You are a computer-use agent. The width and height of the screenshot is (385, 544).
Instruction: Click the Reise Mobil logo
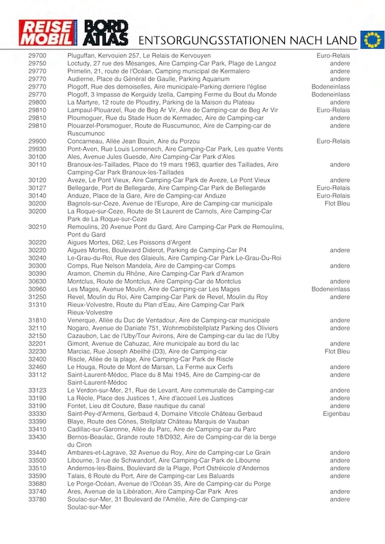click(42, 35)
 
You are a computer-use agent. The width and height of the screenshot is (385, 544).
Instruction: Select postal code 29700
click(37, 56)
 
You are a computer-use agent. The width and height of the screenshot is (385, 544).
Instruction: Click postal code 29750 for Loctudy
click(37, 64)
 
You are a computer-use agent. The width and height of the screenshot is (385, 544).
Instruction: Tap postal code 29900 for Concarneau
click(37, 141)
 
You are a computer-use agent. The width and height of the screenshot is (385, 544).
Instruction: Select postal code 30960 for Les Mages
click(37, 289)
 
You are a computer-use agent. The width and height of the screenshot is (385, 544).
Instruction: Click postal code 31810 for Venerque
click(37, 320)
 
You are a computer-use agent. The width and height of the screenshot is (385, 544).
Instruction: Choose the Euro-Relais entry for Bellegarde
click(334, 188)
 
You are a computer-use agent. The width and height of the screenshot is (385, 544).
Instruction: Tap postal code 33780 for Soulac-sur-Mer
click(37, 499)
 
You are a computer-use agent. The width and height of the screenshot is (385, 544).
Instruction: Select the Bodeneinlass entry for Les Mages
click(331, 289)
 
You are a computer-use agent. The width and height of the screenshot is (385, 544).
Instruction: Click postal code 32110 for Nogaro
click(37, 328)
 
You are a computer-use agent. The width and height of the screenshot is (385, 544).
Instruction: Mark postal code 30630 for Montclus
click(37, 281)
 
